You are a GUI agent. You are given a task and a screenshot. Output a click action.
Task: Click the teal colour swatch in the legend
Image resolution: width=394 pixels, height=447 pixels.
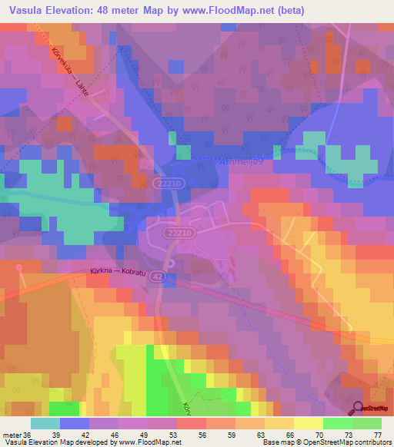(45, 423)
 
